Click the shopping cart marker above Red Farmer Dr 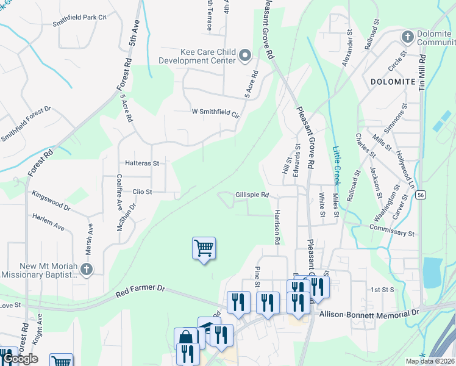click(204, 248)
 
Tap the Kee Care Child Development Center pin click(245, 56)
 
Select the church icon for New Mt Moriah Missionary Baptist click(87, 268)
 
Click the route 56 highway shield click(421, 195)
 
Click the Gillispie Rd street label click(252, 195)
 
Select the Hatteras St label click(141, 163)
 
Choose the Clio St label click(141, 192)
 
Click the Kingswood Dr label click(51, 202)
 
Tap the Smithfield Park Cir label click(79, 20)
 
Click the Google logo click(20, 359)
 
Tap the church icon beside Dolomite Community click(407, 37)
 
